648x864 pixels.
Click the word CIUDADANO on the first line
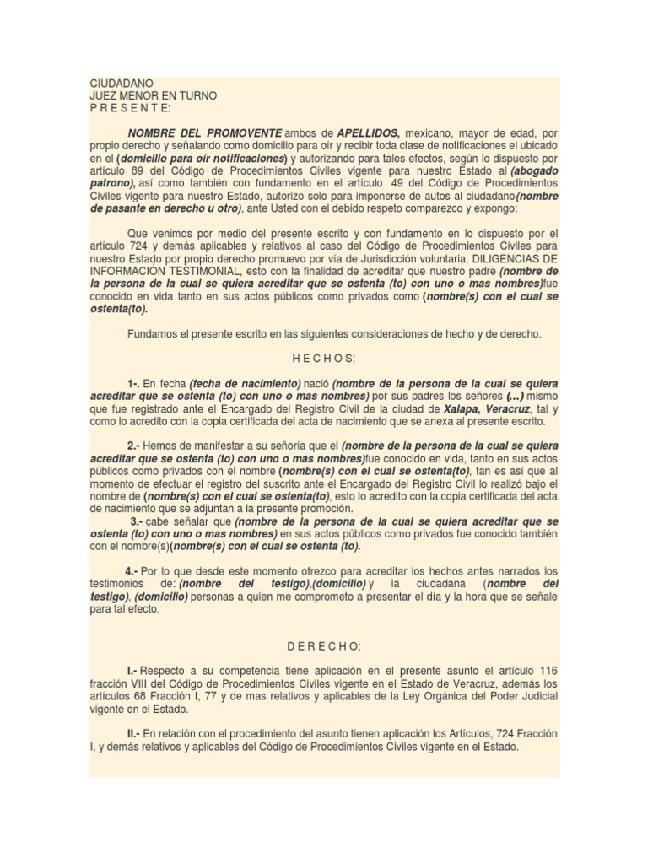click(x=121, y=84)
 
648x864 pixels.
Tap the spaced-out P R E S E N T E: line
click(x=130, y=108)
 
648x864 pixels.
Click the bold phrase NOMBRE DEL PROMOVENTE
click(x=205, y=133)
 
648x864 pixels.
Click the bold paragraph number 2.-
click(x=133, y=445)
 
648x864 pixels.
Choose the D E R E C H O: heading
click(x=324, y=646)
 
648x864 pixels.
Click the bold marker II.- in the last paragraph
click(x=134, y=734)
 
